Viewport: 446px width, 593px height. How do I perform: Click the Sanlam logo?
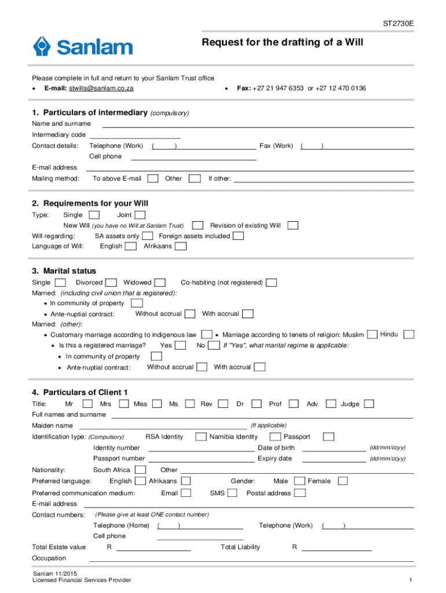click(82, 46)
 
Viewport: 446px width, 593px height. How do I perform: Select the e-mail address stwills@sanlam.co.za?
click(101, 88)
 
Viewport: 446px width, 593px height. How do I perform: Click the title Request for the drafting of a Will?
click(282, 43)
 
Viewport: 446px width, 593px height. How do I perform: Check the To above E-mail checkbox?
click(153, 178)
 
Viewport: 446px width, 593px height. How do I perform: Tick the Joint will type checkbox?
click(140, 215)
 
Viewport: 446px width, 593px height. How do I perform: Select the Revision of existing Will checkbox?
click(293, 225)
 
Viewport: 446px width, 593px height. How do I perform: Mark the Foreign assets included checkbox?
click(238, 236)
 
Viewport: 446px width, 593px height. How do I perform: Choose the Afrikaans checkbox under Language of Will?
click(181, 246)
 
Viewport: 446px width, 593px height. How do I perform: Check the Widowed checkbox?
click(160, 283)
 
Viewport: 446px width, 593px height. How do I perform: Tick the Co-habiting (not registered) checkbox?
click(271, 283)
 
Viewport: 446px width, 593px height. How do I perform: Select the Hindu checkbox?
click(409, 334)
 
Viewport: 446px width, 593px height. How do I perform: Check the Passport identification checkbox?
click(328, 437)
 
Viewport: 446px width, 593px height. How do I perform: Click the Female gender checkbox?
click(343, 481)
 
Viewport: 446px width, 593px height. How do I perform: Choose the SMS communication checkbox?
click(232, 493)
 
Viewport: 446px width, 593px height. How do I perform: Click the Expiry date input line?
click(335, 459)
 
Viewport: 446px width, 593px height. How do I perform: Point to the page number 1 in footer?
click(410, 580)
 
